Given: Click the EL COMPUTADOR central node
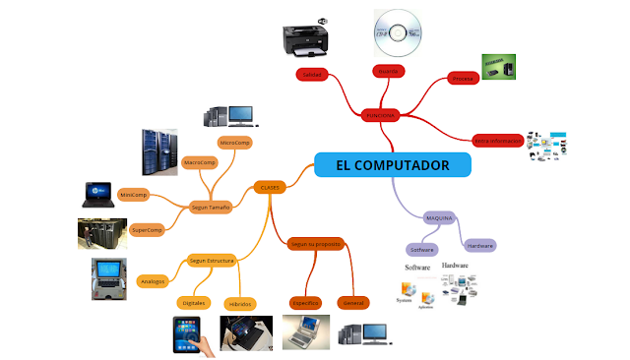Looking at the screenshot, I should (393, 164).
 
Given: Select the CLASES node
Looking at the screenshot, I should (270, 186).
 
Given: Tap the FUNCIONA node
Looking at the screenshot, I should (380, 115).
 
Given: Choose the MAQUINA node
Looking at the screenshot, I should (438, 216).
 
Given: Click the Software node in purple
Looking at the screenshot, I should (421, 250).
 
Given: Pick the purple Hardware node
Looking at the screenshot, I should (479, 244).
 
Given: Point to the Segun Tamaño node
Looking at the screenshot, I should (211, 208).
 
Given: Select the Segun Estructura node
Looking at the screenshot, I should (211, 261).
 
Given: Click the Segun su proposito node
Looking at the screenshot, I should (315, 242).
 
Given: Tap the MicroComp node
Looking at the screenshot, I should (235, 143).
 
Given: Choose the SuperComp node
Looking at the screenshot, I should (147, 229).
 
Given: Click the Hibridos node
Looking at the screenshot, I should (239, 304).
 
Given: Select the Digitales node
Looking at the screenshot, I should (193, 303).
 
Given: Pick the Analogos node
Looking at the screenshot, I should (153, 281).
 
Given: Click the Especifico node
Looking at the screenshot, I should (306, 303).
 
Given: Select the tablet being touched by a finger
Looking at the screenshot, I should (190, 334).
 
